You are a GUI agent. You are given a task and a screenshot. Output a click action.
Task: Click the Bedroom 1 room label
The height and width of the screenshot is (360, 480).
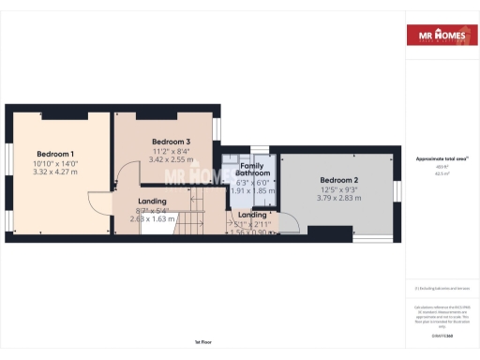coord(55,154)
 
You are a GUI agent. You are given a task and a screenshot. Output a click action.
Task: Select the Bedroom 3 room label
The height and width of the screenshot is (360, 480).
coord(171,142)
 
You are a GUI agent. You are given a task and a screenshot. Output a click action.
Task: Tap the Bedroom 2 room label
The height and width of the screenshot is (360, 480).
coord(338,180)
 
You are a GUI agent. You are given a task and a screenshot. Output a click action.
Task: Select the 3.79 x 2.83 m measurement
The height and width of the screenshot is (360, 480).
coord(338,198)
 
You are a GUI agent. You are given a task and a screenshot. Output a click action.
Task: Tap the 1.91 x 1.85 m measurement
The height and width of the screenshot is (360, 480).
coord(252,190)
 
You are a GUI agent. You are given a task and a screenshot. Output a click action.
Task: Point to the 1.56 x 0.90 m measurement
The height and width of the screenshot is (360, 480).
coord(251,232)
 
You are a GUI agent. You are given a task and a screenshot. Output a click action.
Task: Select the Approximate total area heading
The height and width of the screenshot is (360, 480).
coord(442,158)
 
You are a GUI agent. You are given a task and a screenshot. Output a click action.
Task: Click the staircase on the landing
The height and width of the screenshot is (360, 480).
coord(194,224)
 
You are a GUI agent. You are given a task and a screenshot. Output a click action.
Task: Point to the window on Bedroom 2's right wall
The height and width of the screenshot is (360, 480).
coord(397,191)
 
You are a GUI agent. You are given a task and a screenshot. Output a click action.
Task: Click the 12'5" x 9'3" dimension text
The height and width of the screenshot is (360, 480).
coord(338,189)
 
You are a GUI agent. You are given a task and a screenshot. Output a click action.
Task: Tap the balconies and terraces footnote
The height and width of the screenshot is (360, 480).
coord(442,288)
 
